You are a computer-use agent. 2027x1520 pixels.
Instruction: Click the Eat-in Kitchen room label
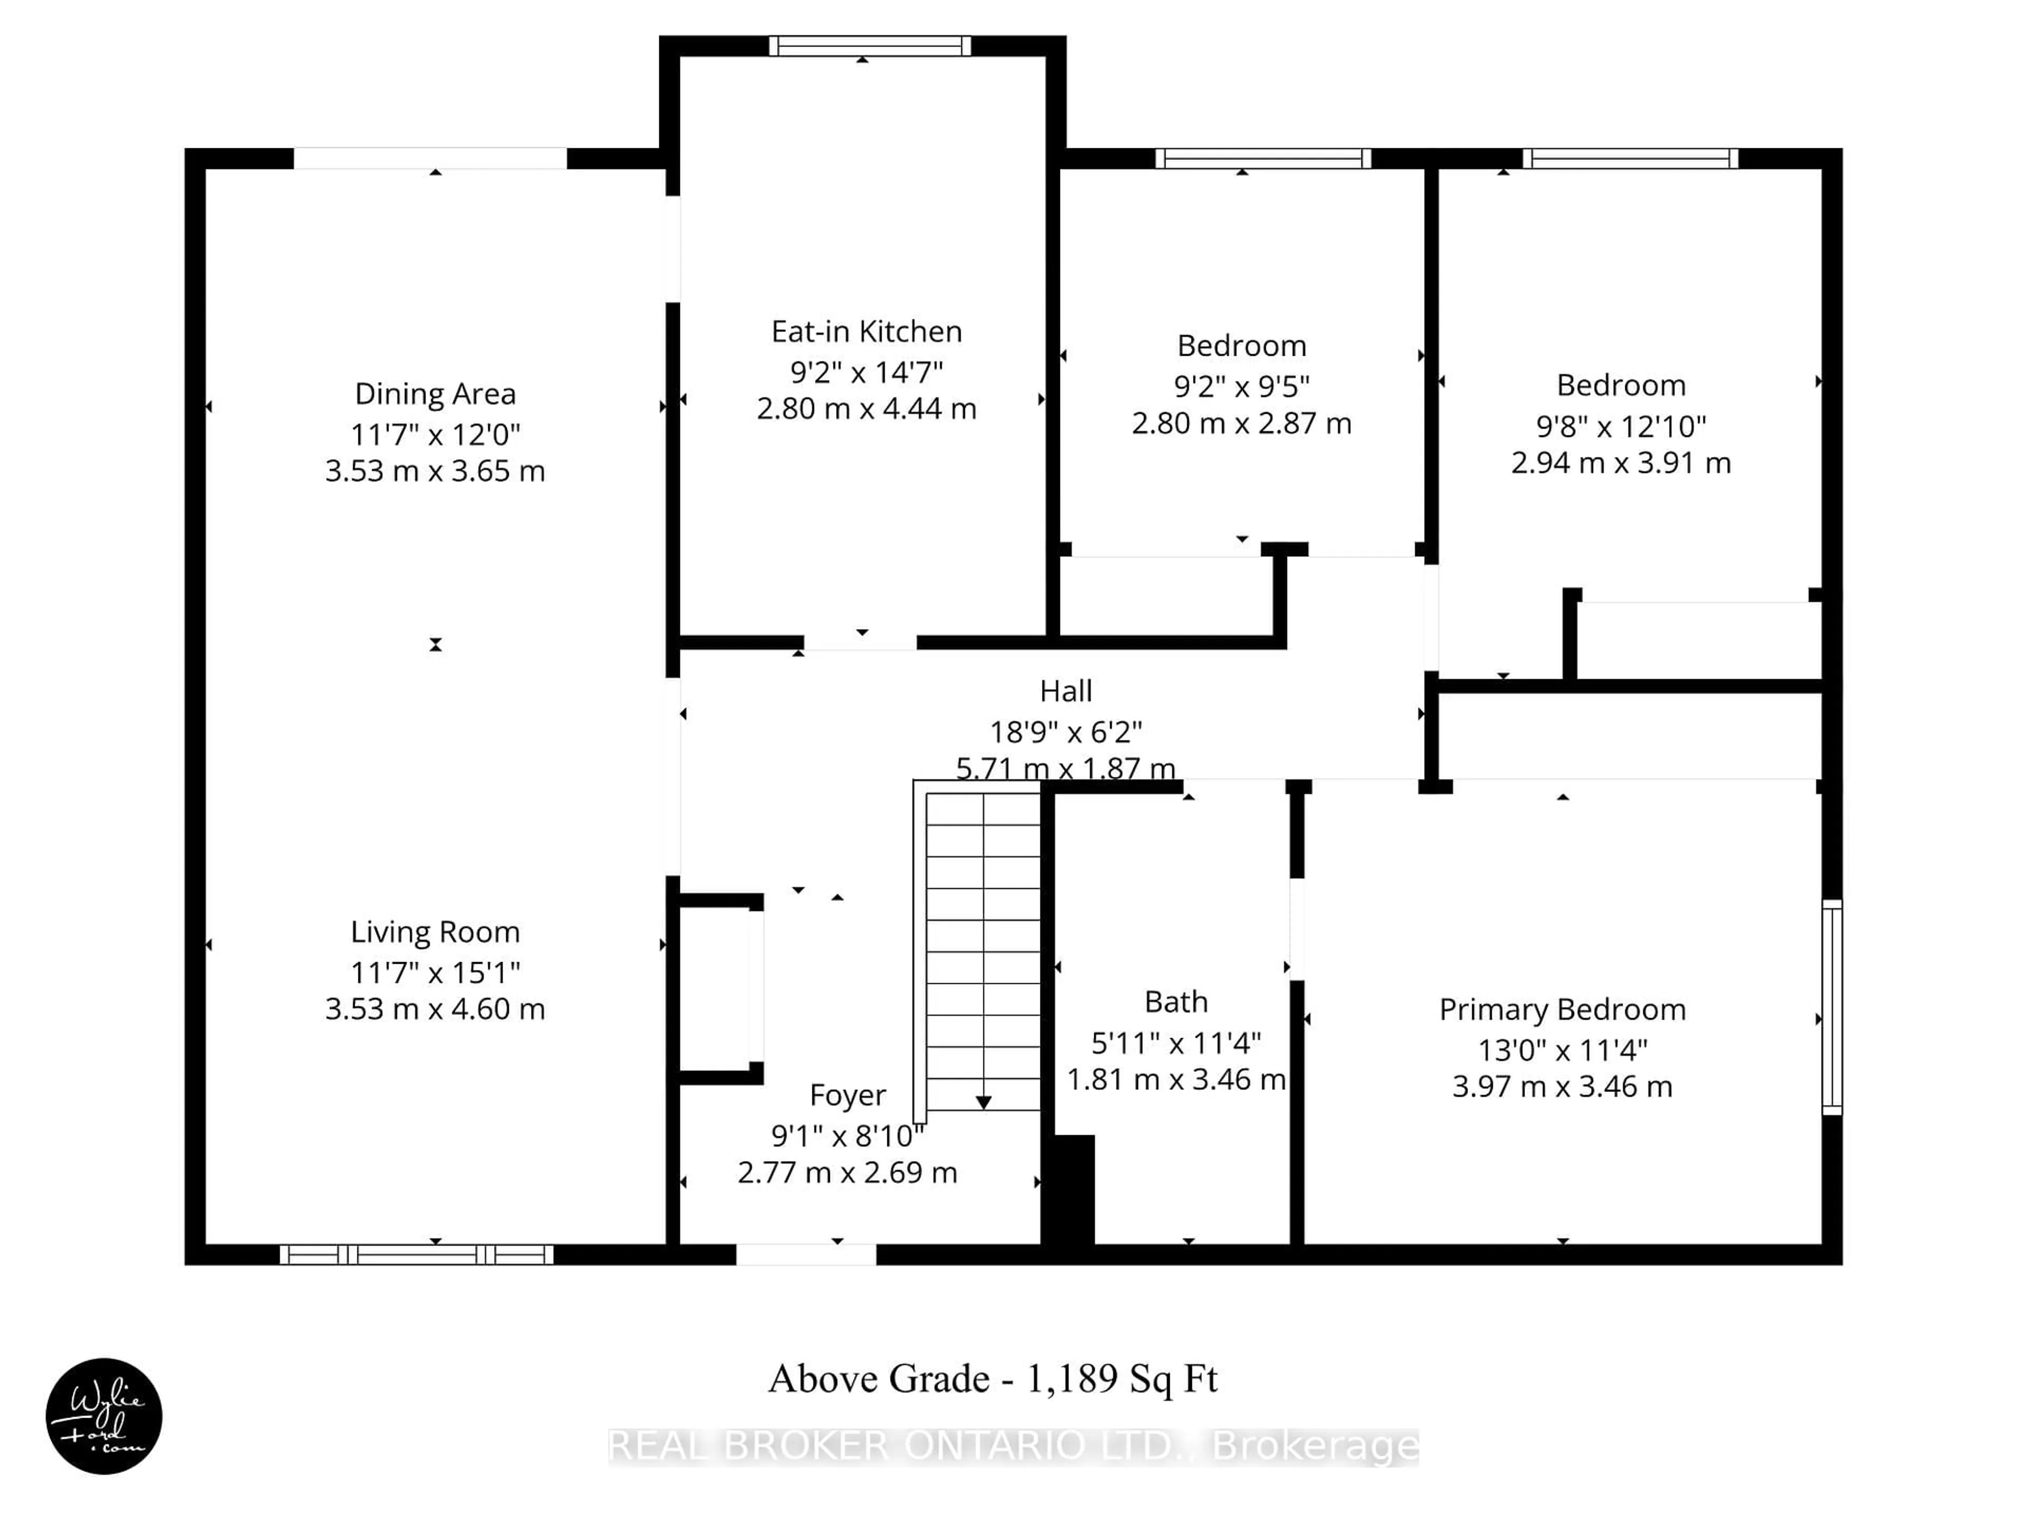(x=866, y=331)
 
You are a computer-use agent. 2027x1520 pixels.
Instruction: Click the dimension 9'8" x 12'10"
(x=1620, y=426)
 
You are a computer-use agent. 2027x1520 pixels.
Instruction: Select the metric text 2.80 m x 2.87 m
(x=1241, y=423)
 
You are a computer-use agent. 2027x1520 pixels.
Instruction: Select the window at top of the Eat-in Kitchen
(x=869, y=46)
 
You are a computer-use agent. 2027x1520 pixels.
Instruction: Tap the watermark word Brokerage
(x=1315, y=1446)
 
